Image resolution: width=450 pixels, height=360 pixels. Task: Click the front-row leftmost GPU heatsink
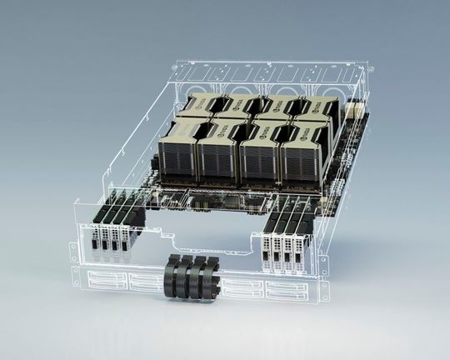click(176, 153)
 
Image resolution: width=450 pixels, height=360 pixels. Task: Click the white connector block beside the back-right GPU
click(355, 109)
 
